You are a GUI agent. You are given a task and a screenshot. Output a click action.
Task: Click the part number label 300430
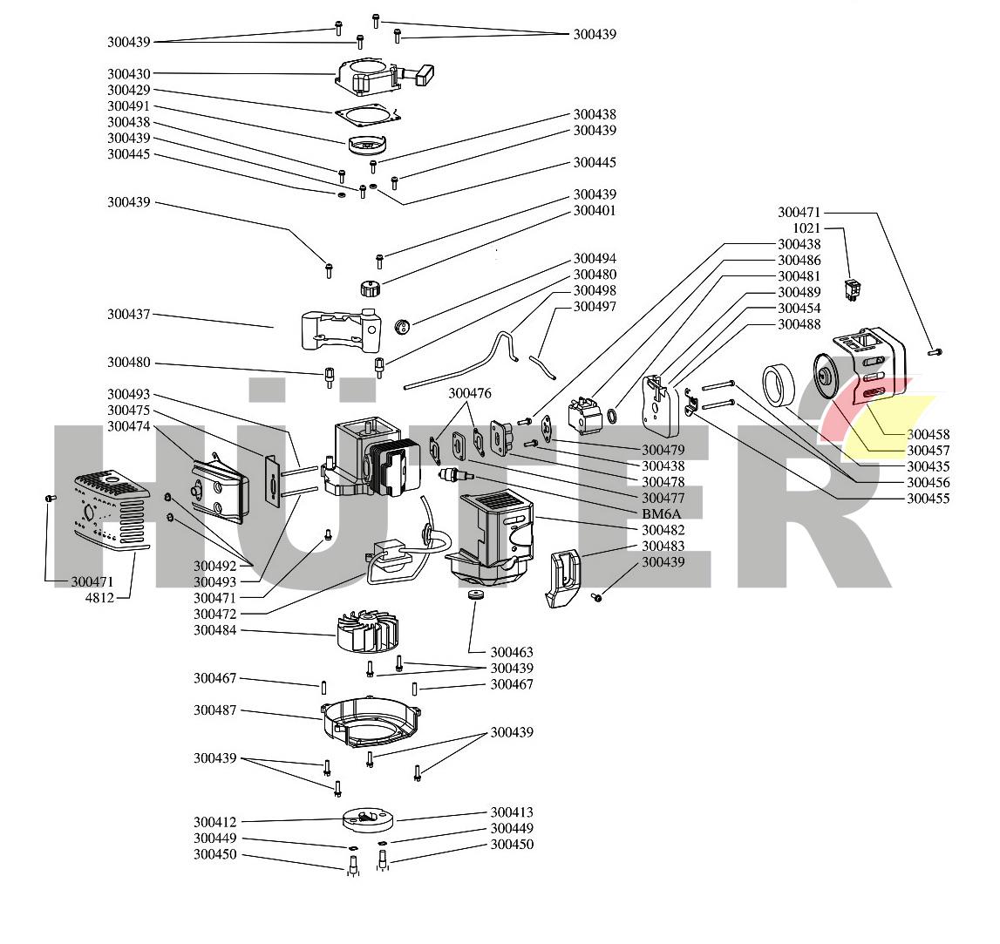[x=128, y=74]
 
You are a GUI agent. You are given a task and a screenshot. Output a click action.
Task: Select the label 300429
[x=128, y=90]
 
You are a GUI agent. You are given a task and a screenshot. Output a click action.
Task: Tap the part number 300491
[x=128, y=106]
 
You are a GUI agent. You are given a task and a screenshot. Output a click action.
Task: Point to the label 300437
[x=128, y=314]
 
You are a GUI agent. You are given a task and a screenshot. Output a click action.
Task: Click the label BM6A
[x=661, y=514]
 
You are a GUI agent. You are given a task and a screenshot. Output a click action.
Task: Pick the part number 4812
[x=99, y=598]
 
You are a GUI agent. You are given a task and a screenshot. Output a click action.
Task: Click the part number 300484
[x=214, y=630]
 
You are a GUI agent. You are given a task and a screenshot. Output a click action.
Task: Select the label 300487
[x=214, y=710]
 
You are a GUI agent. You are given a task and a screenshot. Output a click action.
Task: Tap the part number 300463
[x=512, y=652]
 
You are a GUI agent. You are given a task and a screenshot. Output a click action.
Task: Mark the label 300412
[x=214, y=822]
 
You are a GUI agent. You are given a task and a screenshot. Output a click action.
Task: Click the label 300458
[x=929, y=434]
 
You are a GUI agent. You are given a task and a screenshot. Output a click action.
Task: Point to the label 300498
[x=595, y=290]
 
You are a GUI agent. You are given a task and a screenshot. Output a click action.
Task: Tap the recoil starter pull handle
[x=425, y=78]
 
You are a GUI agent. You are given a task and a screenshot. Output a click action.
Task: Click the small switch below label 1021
[x=854, y=289]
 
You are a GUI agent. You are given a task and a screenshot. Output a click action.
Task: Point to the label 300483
[x=663, y=546]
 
